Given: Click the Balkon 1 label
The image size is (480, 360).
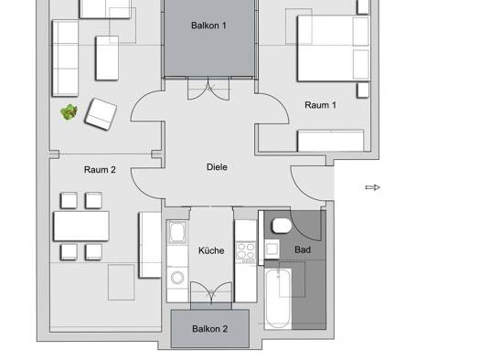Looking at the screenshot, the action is [x=208, y=26].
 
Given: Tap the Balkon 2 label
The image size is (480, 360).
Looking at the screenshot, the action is [x=209, y=329].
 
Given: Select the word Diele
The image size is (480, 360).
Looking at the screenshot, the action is [x=217, y=167].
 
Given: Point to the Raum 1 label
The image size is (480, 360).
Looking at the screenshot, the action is [x=320, y=105].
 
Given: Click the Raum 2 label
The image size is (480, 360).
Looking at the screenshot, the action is [x=100, y=170].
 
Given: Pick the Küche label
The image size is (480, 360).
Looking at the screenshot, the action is [x=211, y=250].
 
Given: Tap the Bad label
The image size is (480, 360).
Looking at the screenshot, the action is [x=303, y=249].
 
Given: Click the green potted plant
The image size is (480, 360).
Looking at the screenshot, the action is [x=69, y=112].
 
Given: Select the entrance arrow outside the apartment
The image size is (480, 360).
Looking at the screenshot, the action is [x=372, y=187].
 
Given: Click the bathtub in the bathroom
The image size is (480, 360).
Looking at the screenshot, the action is [x=278, y=299].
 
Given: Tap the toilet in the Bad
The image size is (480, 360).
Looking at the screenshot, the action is [x=282, y=226].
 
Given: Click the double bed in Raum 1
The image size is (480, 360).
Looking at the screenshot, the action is [x=334, y=48].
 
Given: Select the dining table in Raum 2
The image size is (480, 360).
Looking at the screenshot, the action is [x=81, y=226].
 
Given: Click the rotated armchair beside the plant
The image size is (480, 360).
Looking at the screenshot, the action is [x=101, y=114].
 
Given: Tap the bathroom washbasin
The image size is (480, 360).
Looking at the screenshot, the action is [x=272, y=249].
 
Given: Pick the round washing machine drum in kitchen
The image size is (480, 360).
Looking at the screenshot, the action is [x=177, y=278].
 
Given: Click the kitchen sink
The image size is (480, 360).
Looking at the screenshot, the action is [x=177, y=232].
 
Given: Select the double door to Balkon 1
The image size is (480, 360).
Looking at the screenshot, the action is [x=208, y=89].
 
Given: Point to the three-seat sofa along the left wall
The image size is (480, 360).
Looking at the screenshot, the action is [x=65, y=58].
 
